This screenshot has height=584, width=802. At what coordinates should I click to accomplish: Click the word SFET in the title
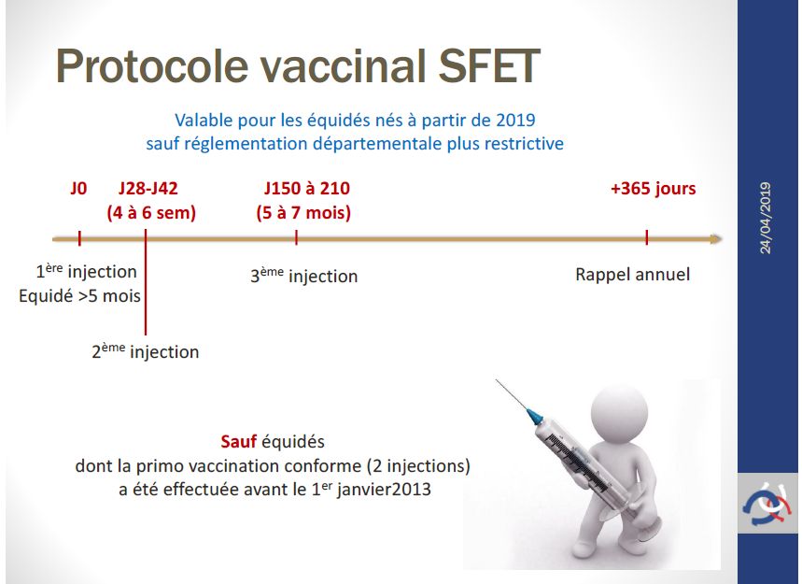tap(489, 65)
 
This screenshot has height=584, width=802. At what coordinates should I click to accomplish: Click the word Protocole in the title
tap(152, 65)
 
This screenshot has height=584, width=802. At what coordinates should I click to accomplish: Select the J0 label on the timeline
tap(78, 189)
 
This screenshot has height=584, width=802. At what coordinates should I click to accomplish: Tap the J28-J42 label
tap(148, 189)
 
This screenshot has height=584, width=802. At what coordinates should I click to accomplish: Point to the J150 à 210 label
tap(307, 189)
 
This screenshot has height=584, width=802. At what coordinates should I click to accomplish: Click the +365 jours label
tap(654, 189)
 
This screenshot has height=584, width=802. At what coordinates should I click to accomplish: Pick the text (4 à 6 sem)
tap(151, 213)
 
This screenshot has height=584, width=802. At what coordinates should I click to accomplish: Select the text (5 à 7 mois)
tap(303, 213)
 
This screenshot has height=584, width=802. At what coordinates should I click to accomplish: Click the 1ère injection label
tap(87, 271)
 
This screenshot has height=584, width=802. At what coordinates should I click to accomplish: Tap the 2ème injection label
tap(146, 351)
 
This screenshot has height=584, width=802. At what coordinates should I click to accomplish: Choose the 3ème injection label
tap(303, 276)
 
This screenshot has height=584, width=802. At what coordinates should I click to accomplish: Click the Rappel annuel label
tap(633, 275)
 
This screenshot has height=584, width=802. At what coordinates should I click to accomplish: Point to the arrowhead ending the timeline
tap(716, 239)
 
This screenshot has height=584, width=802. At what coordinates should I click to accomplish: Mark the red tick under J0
tap(79, 238)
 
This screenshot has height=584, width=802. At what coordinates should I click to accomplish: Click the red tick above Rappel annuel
tap(647, 237)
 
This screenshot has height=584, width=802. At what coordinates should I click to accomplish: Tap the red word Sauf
tap(238, 442)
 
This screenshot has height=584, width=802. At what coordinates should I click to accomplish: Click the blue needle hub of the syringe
tap(534, 417)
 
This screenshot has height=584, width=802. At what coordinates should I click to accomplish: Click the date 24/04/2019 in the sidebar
tap(766, 219)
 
